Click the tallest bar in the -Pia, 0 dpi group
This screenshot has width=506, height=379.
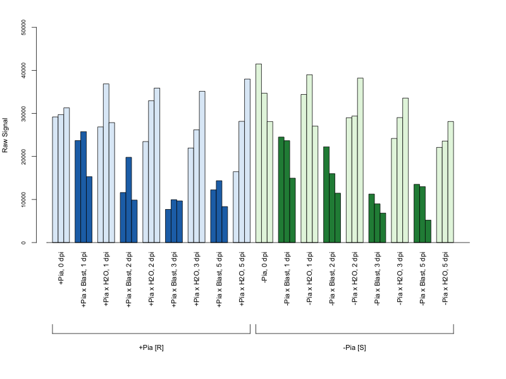coord(259,153)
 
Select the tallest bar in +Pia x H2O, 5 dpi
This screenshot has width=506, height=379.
coord(247,160)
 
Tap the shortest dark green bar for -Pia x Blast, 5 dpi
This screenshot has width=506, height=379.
coord(428,231)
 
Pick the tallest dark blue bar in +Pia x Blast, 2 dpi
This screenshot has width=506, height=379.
coord(129,200)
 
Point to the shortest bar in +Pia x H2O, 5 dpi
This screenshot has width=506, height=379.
coord(236,207)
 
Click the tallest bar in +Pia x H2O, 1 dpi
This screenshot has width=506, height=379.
coord(106,163)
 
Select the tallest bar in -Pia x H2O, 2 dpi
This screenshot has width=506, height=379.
coord(361,160)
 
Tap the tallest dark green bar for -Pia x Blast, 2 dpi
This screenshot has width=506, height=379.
coord(326,195)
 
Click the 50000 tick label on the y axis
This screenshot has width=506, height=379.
coord(23,27)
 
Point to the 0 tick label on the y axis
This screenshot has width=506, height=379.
coord(23,243)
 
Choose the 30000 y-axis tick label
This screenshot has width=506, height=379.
coord(23,113)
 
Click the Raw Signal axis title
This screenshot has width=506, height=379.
coord(5,135)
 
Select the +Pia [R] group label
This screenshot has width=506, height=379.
coord(151,348)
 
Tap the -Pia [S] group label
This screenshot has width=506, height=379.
coord(355,348)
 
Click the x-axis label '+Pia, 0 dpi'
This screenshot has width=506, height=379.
coord(61,268)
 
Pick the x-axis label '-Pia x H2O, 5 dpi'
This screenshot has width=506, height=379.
coord(445,278)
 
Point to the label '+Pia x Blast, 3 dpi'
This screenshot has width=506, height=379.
coord(174,279)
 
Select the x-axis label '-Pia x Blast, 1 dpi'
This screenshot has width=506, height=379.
coord(287,279)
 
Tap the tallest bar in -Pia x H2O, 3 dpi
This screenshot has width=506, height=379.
coord(405,170)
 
